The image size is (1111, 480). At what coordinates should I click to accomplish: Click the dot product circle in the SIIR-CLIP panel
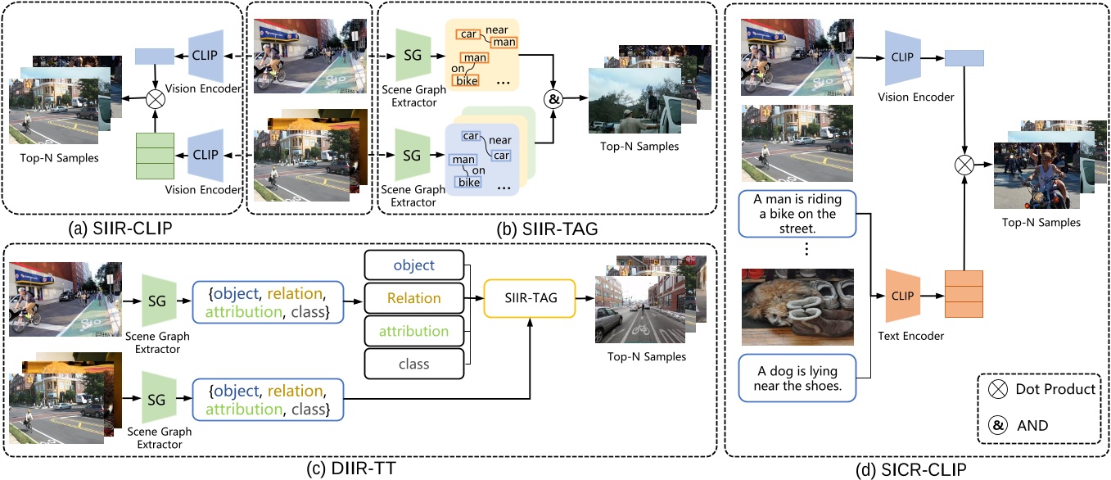pyautogui.click(x=155, y=98)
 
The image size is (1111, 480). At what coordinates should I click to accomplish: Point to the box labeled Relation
pyautogui.click(x=413, y=299)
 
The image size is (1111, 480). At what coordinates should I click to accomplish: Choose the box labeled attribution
pyautogui.click(x=413, y=332)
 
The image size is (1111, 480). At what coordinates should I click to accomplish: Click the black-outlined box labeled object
pyautogui.click(x=413, y=266)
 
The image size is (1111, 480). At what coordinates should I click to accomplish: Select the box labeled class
pyautogui.click(x=413, y=365)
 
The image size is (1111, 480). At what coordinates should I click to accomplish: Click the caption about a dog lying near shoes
pyautogui.click(x=797, y=378)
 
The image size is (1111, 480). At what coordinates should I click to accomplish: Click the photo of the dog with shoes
pyautogui.click(x=797, y=306)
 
